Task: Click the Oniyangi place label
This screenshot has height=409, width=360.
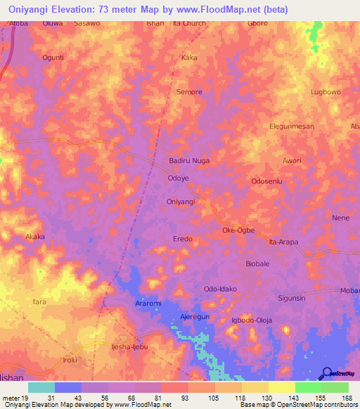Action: click(180, 202)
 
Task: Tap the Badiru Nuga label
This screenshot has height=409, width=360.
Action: click(190, 161)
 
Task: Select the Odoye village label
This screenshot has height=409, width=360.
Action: click(177, 178)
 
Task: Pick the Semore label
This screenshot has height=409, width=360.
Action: click(189, 92)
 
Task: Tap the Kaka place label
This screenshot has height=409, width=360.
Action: click(189, 58)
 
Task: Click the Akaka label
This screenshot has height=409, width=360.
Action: click(35, 237)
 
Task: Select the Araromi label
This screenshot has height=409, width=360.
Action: click(148, 303)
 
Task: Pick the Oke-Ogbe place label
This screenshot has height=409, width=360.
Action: click(238, 230)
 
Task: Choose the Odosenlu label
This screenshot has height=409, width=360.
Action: click(267, 181)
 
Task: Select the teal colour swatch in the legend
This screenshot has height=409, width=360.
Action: click(41, 387)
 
